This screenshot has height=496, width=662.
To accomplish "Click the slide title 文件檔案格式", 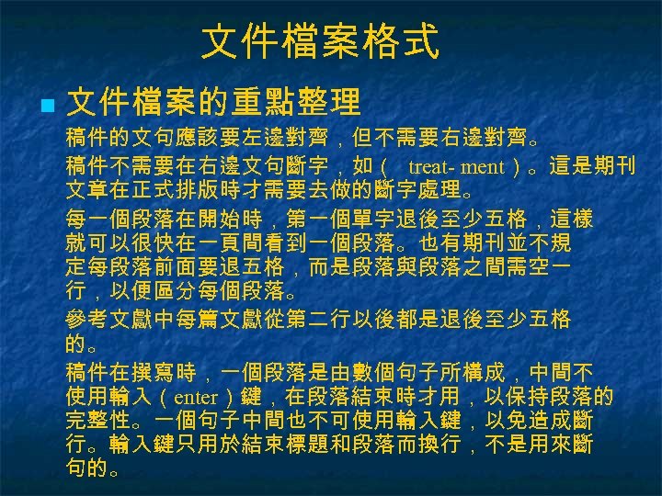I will [x=320, y=42].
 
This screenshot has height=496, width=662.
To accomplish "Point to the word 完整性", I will [x=99, y=422].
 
